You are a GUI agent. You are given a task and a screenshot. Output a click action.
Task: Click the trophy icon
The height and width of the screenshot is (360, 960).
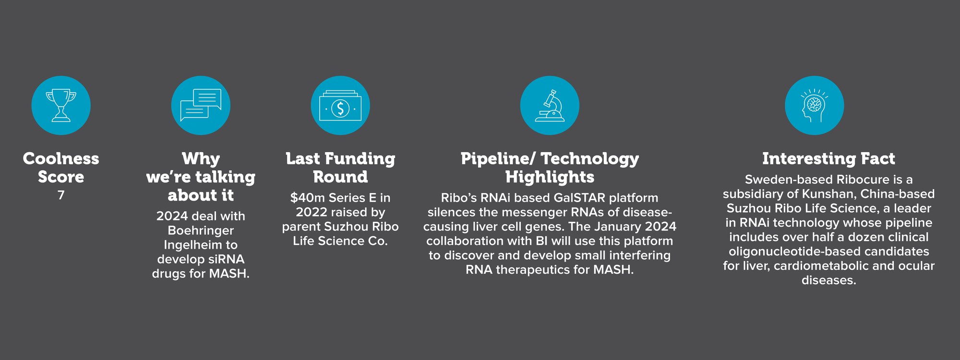(61, 105)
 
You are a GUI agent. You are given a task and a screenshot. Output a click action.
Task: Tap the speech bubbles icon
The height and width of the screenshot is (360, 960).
(201, 105)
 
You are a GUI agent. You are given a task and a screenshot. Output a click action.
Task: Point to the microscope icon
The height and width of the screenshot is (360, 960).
(550, 105)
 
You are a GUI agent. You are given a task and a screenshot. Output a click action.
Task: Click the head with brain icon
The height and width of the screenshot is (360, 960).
(814, 105)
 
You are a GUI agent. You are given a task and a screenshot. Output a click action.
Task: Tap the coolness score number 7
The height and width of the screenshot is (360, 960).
(61, 195)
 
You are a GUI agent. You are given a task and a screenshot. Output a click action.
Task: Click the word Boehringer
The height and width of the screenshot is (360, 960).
(201, 231)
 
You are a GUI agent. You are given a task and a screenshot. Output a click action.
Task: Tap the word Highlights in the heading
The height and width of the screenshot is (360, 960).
(550, 177)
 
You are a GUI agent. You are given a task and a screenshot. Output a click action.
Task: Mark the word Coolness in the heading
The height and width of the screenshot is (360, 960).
(61, 159)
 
